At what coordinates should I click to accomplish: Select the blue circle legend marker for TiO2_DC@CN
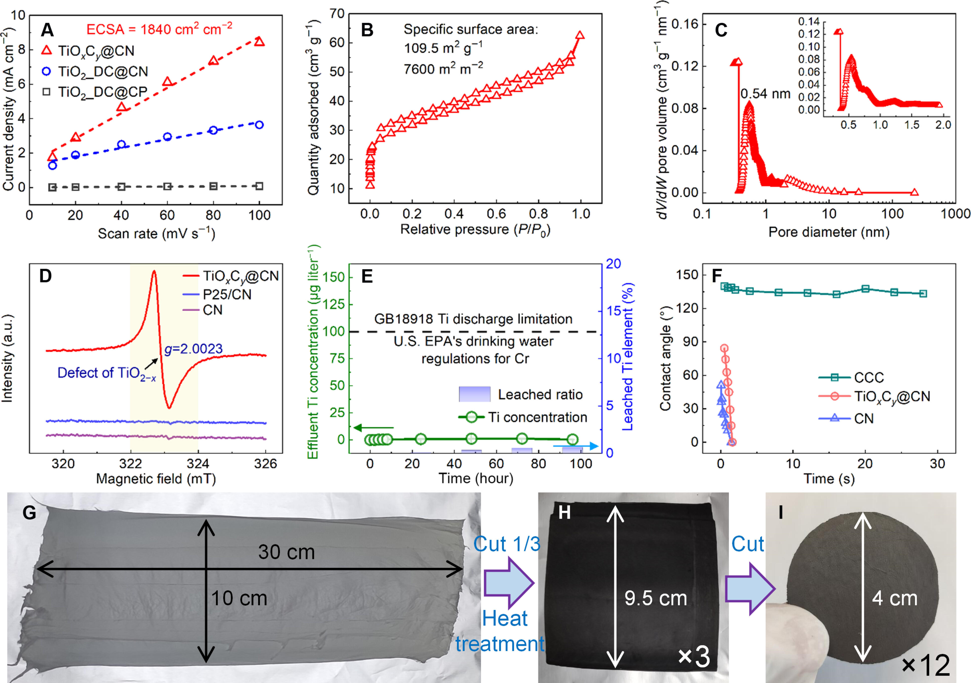point(47,71)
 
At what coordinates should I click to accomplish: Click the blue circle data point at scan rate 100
point(259,125)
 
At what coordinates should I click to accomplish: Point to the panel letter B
point(367,30)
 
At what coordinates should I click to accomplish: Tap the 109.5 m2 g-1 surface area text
point(443,48)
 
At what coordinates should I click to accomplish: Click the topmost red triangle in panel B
point(580,35)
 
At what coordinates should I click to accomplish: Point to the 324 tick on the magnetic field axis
point(198,464)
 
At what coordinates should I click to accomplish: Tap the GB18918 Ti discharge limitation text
point(473,319)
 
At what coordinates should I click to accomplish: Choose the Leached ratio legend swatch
point(475,394)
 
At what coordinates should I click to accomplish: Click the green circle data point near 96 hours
point(572,440)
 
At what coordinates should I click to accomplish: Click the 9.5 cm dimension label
point(656,598)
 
